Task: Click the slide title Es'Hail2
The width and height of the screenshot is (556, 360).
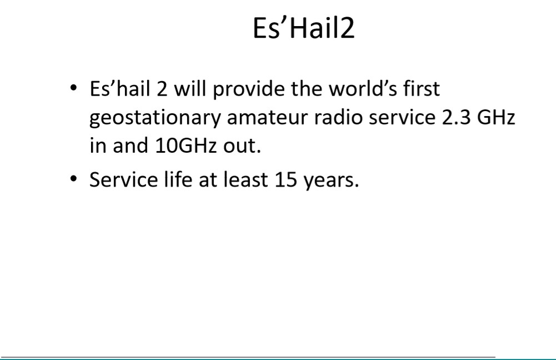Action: point(303,28)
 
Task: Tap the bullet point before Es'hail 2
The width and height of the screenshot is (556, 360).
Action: point(73,87)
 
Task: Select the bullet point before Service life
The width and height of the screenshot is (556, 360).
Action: point(73,178)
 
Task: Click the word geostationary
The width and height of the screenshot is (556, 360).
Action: point(155,118)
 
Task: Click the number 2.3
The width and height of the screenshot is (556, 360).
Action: point(455,117)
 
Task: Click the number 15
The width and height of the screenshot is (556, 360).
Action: point(286,179)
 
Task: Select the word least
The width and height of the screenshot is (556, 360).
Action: point(246,179)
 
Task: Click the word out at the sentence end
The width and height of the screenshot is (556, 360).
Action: point(239,146)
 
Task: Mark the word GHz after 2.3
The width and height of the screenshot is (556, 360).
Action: point(495,117)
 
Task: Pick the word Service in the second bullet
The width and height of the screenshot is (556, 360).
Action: point(124,179)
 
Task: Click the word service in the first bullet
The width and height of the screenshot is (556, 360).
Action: point(402,117)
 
